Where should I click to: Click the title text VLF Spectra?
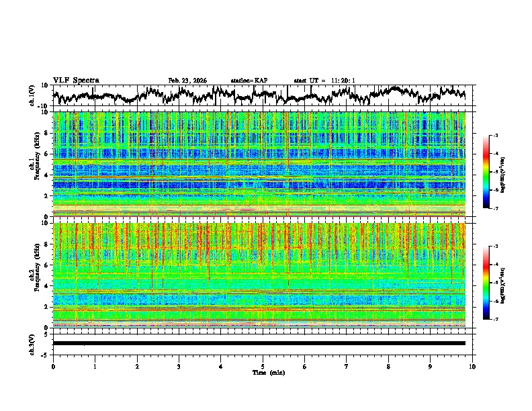click(x=76, y=80)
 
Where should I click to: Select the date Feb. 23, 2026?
click(x=187, y=81)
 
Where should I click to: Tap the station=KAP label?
click(x=249, y=81)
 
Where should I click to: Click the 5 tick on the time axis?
click(x=263, y=367)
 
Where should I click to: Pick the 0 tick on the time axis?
click(x=53, y=367)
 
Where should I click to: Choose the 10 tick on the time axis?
click(x=472, y=367)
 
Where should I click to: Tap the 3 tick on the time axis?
click(x=179, y=367)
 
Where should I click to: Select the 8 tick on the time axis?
click(x=388, y=367)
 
